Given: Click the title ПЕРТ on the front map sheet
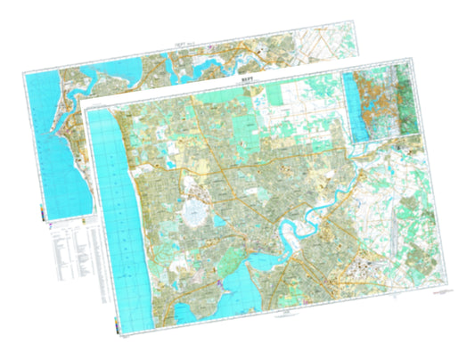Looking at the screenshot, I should click(x=246, y=80).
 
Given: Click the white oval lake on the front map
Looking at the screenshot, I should click(x=193, y=212).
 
